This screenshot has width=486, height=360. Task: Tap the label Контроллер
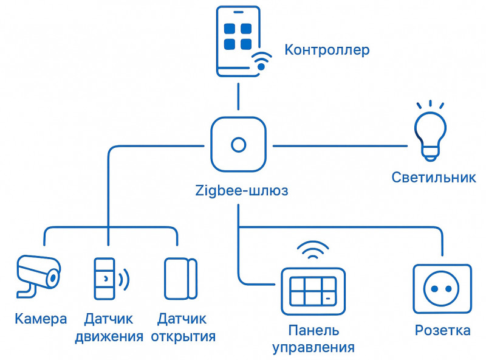327,50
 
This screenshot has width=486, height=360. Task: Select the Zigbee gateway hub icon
238,145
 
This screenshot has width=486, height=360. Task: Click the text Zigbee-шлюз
242,190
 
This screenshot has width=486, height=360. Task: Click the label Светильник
433,178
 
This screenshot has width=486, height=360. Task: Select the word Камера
41,319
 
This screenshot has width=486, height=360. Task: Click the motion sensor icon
104,279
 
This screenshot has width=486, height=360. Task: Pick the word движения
109,336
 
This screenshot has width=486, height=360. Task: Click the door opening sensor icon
180,279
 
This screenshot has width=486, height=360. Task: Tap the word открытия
183,336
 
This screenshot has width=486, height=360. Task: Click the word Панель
313,331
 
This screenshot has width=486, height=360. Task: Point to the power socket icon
442,288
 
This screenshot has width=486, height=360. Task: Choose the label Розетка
442,331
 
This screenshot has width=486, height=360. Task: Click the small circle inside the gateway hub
238,145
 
